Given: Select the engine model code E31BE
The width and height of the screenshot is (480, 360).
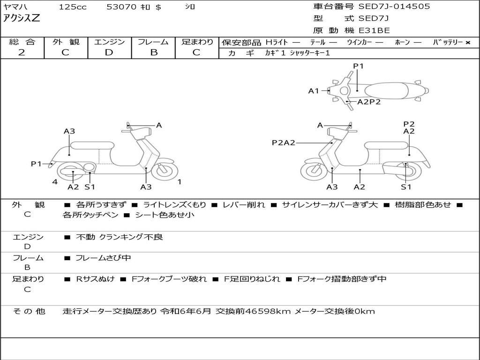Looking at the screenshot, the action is pos(374,31).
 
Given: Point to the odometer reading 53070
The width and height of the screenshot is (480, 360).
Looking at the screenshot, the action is pos(121,7).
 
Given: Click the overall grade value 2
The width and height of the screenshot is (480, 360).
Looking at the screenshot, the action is pos(22,52).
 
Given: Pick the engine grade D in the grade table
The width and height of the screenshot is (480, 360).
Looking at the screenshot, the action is pos(109,52).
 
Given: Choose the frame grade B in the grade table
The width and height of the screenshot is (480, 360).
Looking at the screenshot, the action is pos(153,52).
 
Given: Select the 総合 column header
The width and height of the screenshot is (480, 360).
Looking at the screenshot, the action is pos(22,42).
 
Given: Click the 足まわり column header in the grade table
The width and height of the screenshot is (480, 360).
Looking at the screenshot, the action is pos(197,42).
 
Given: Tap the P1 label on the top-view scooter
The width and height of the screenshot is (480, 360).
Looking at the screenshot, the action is pos(358,66).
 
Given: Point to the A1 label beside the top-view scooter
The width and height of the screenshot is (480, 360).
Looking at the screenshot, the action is pos(313,91).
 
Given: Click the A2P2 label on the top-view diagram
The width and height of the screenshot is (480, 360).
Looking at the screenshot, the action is pos(369,102).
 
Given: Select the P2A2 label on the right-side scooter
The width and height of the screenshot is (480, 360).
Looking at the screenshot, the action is pos(283,143).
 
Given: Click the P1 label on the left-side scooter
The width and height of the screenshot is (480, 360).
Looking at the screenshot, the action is pos(37,164).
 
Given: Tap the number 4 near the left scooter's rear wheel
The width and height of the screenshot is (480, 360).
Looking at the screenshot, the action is pos(55,181).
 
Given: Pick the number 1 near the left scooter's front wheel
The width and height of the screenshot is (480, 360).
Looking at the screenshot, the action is pos(180,181).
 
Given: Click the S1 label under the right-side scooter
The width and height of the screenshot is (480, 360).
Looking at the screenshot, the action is pos(406,187).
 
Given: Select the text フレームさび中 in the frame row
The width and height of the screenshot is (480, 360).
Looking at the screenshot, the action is pos(103,258).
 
